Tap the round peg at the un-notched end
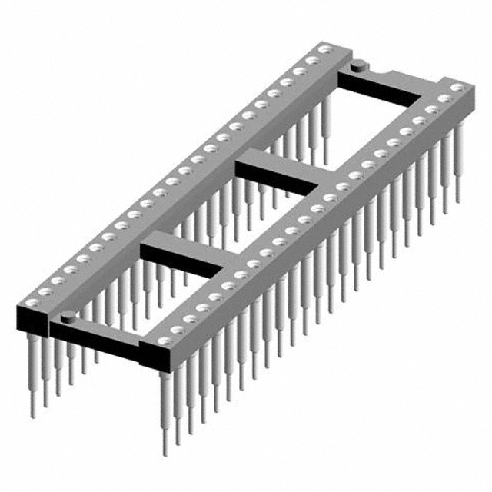68,314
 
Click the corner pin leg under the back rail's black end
32,377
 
